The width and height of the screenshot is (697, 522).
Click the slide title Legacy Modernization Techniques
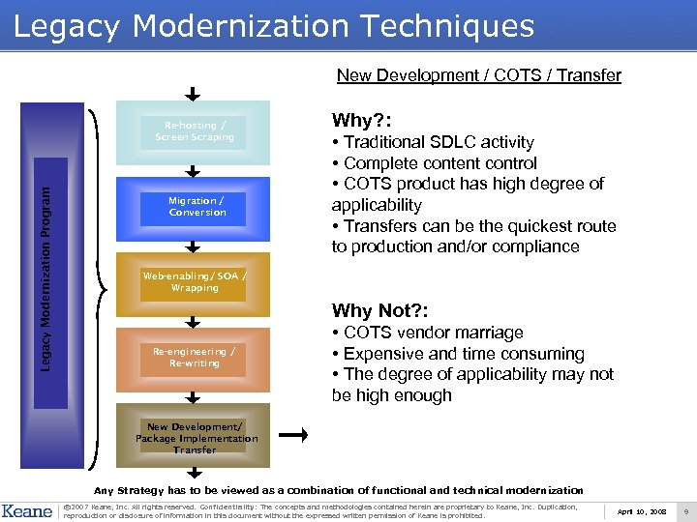tap(274, 26)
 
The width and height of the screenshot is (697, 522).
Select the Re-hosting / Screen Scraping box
tap(197, 131)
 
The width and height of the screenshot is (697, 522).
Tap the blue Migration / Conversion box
tap(197, 207)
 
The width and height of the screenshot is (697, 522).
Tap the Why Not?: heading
tap(379, 310)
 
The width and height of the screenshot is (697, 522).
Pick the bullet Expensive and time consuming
tap(458, 354)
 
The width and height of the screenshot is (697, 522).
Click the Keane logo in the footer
tap(26, 510)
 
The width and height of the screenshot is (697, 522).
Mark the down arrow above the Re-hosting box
tap(193, 95)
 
